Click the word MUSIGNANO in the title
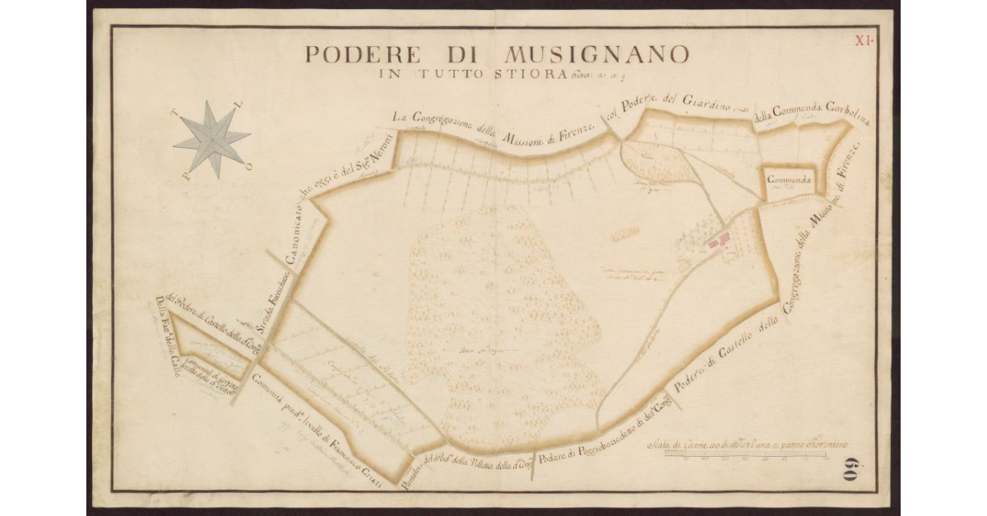click(596, 55)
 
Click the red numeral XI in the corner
click(864, 39)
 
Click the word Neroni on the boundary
click(382, 150)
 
